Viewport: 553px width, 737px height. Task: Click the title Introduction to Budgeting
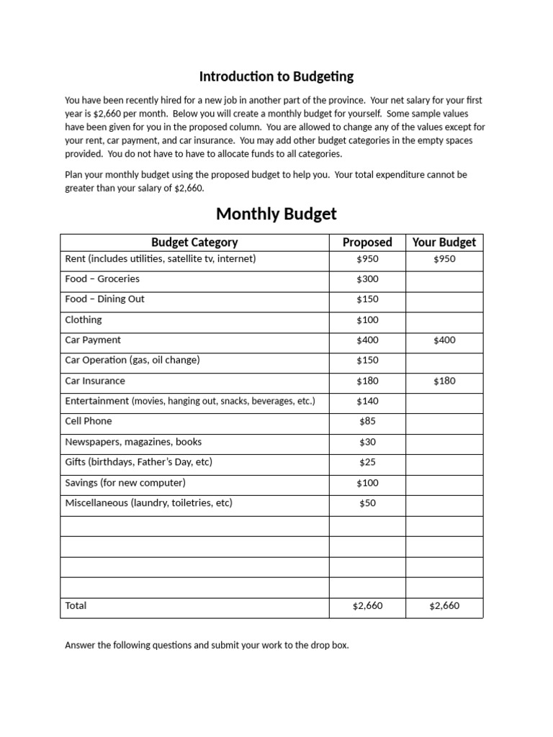click(x=276, y=76)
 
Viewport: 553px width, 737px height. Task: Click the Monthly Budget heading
click(x=276, y=214)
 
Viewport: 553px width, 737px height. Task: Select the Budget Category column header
click(x=194, y=243)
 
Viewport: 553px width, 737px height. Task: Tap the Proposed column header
click(x=367, y=243)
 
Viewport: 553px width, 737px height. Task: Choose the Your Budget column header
click(x=444, y=243)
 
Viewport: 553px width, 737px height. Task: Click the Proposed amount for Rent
click(x=367, y=259)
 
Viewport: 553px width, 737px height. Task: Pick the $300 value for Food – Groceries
click(x=367, y=279)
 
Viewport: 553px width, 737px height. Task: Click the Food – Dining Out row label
click(x=105, y=299)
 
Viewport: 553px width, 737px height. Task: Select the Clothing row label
click(x=84, y=320)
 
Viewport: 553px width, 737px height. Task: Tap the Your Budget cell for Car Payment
click(x=444, y=340)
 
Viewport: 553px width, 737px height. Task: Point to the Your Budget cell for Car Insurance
click(x=444, y=381)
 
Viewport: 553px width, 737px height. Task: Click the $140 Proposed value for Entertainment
click(x=367, y=401)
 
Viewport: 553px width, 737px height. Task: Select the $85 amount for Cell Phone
click(x=367, y=421)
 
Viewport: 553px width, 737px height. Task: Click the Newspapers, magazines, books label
click(x=133, y=442)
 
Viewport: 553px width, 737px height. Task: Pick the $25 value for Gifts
click(x=367, y=462)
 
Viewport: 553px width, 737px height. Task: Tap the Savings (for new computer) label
click(x=125, y=483)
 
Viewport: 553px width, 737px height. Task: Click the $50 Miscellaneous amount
click(x=367, y=503)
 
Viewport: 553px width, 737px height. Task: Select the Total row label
click(x=76, y=606)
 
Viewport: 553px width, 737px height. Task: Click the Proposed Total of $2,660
click(x=367, y=606)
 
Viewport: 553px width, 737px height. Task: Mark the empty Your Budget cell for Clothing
click(x=444, y=320)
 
